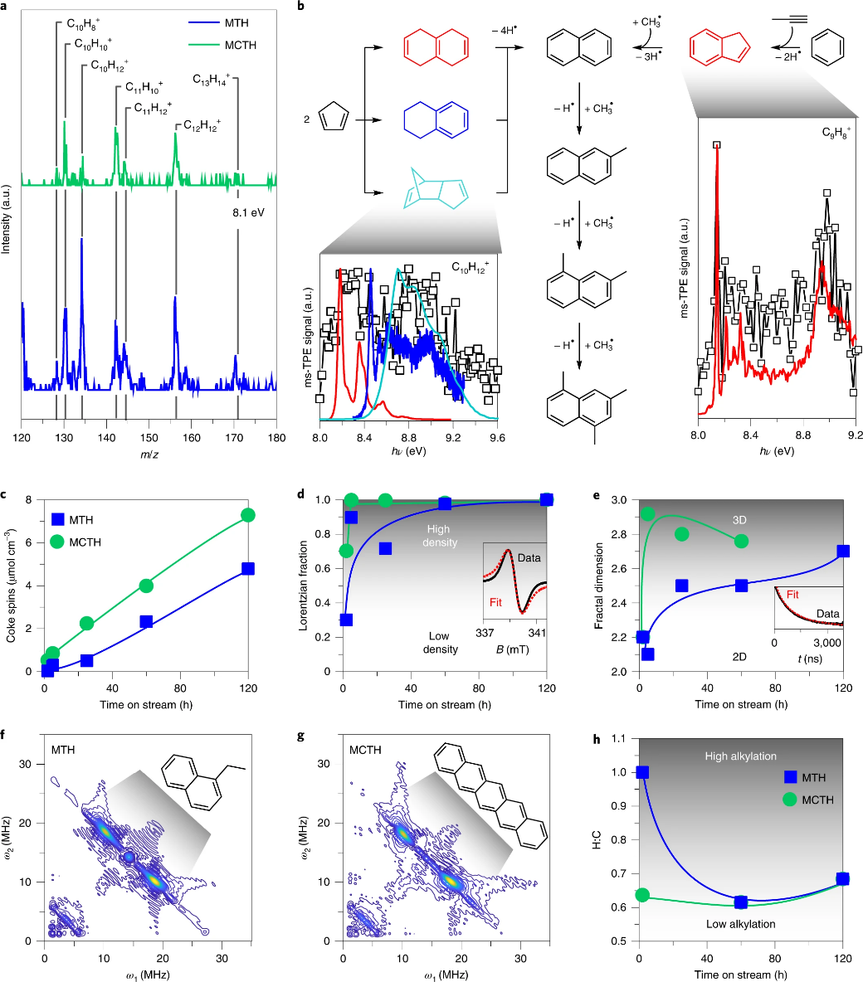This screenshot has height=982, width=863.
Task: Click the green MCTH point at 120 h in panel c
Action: pyautogui.click(x=247, y=515)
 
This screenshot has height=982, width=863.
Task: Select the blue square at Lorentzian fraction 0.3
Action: pyautogui.click(x=346, y=620)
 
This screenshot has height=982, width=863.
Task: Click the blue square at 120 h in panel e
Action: pyautogui.click(x=843, y=551)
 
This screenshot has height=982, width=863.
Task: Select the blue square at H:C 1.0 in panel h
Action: pyautogui.click(x=641, y=772)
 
